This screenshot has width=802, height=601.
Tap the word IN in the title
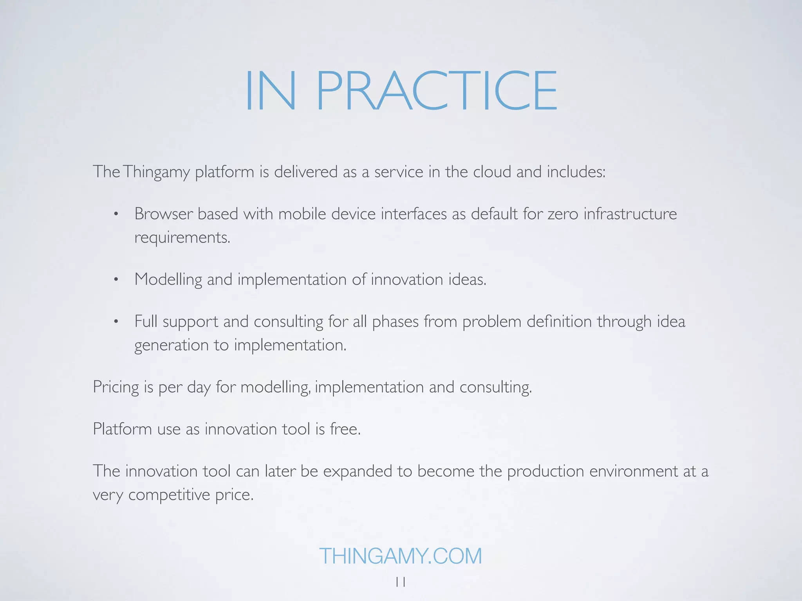tap(270, 91)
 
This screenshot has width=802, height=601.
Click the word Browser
tap(164, 214)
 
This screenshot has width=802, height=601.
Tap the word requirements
tap(182, 238)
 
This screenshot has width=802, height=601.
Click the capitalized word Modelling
tap(168, 279)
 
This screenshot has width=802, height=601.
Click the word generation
tap(172, 345)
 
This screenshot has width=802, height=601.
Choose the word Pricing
tap(116, 387)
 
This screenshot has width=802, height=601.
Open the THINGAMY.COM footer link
tap(401, 556)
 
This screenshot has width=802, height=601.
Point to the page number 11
tap(401, 582)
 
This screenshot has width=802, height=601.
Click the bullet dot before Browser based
tap(116, 214)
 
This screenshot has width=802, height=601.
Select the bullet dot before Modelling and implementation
tap(116, 280)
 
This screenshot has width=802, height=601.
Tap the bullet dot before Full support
tap(116, 322)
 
